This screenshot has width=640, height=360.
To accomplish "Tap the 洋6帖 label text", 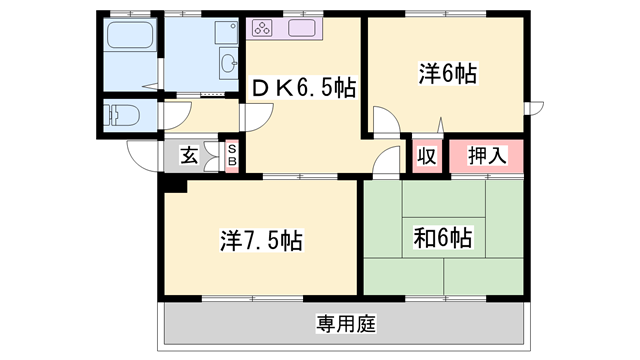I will pos(446,73).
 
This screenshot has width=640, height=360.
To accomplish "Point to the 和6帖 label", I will pos(443,239).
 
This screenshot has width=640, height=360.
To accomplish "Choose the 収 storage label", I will pos(426,156).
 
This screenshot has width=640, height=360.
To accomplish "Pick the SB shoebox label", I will pos(231,155).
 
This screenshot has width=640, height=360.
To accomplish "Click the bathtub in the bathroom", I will pos(127,41).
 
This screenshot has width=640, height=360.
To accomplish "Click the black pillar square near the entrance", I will pos(174,185).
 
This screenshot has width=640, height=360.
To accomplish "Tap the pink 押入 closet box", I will pos(487,156).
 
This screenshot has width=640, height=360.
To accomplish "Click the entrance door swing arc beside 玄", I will pos(140,154).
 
